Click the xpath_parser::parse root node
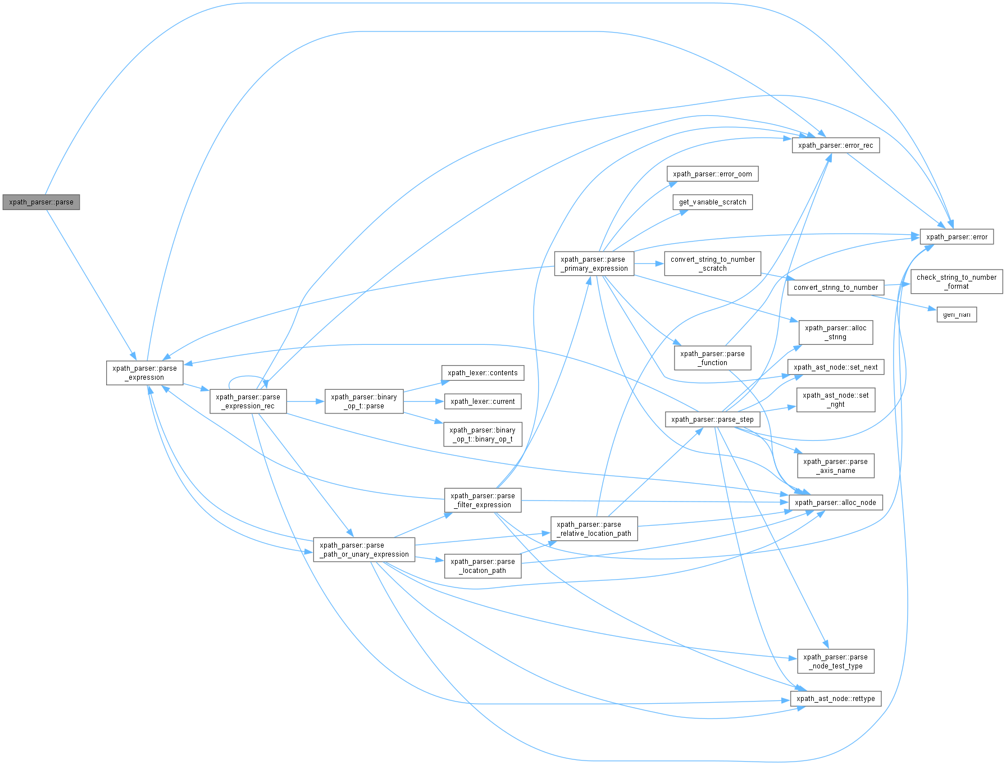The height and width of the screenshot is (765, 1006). (41, 202)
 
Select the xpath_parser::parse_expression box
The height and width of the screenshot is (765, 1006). (145, 373)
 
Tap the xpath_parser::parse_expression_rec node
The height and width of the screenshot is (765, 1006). (248, 402)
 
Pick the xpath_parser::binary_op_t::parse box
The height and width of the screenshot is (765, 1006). (364, 402)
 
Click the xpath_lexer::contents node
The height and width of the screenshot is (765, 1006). (482, 373)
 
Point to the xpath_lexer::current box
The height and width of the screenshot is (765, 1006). (482, 402)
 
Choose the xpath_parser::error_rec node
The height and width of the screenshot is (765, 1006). (835, 145)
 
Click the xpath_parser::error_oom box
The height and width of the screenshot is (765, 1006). (712, 174)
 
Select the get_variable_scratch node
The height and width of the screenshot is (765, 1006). (712, 202)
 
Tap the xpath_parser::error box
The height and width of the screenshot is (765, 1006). (957, 237)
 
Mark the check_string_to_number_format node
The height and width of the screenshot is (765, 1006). (957, 282)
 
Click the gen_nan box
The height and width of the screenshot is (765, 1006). (957, 315)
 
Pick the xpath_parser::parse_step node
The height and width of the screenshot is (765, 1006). (712, 420)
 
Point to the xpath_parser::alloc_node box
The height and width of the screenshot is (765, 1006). (835, 503)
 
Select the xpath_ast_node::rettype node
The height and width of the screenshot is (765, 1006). (835, 699)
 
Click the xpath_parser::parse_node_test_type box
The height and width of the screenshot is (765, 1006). (835, 662)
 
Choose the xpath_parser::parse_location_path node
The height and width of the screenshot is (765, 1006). (482, 566)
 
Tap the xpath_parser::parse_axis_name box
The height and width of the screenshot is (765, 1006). (835, 466)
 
